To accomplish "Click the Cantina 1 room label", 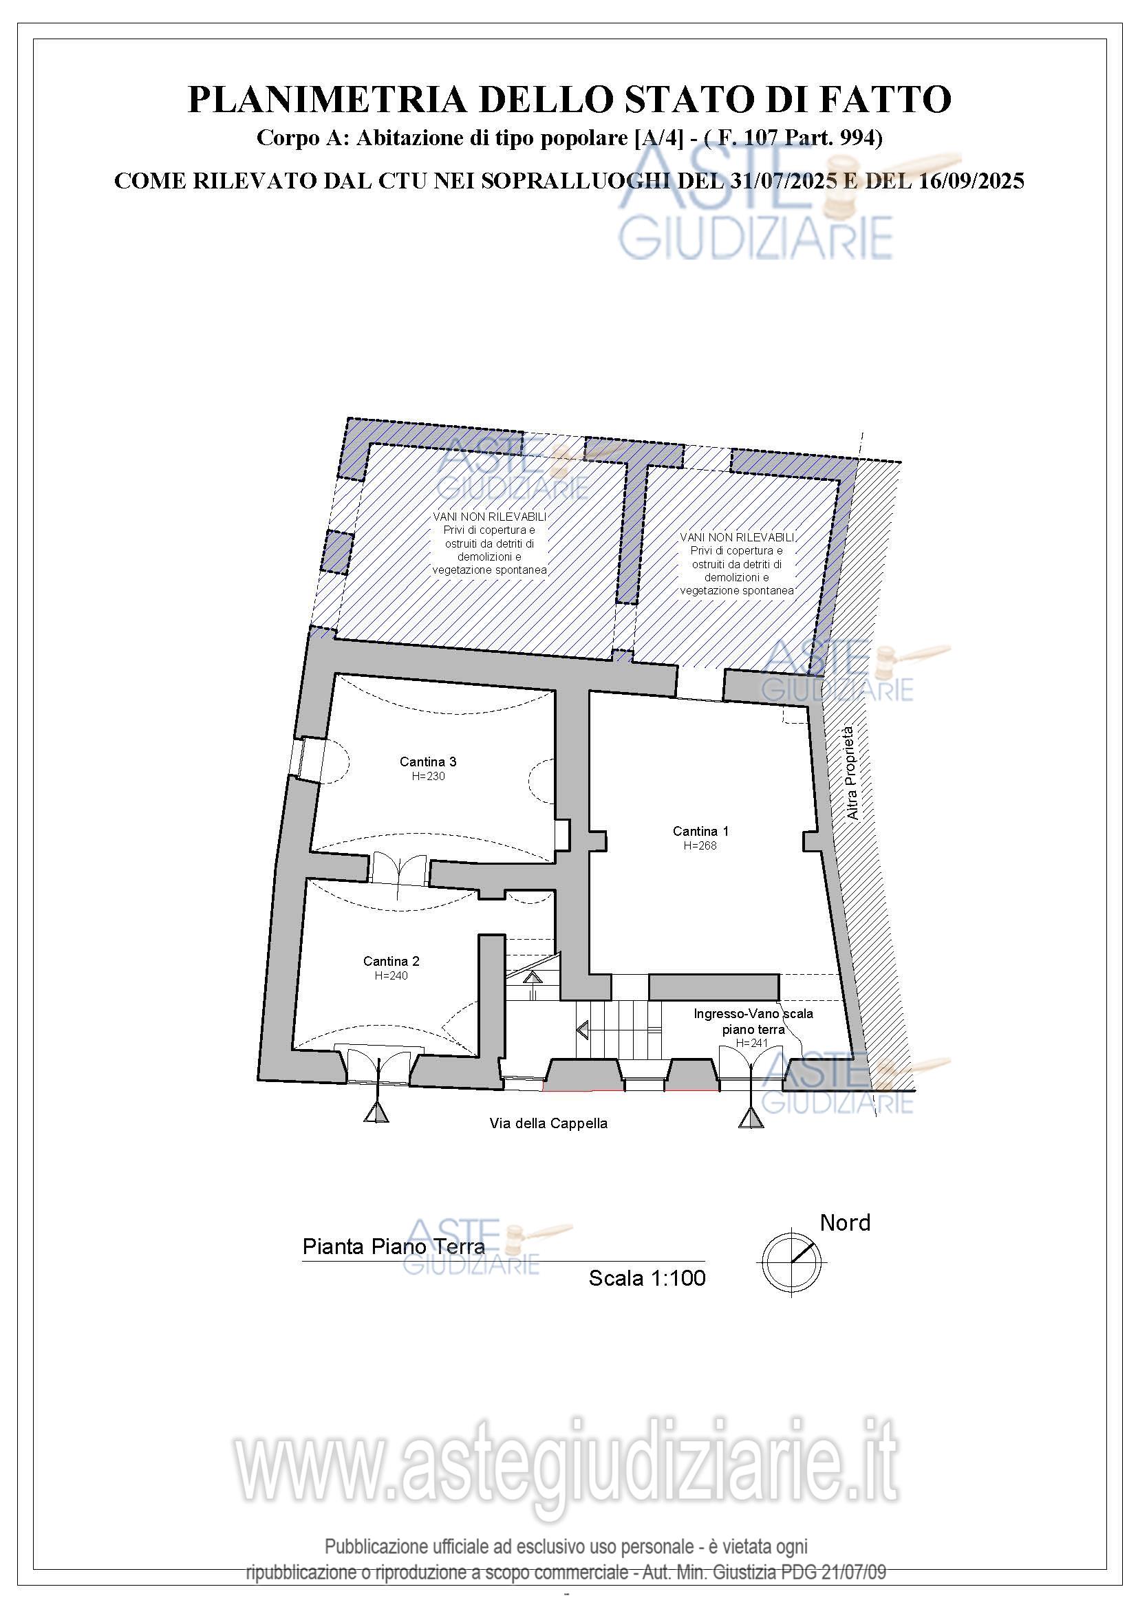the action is click(x=700, y=831).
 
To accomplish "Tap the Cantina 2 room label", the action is click(x=391, y=962).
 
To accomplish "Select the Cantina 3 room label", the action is click(x=428, y=762).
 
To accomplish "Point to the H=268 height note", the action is click(x=700, y=846).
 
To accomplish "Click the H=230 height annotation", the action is click(x=428, y=777).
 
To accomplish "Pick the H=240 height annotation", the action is click(x=391, y=975).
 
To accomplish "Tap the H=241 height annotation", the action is click(x=752, y=1044).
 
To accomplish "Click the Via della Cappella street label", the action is click(x=548, y=1123).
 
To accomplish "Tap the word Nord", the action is click(x=845, y=1223).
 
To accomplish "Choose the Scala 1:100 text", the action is click(x=647, y=1278).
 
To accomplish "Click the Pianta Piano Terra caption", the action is click(x=394, y=1246).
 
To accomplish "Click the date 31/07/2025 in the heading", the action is click(x=783, y=181).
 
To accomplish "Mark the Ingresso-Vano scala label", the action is click(x=753, y=1014).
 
